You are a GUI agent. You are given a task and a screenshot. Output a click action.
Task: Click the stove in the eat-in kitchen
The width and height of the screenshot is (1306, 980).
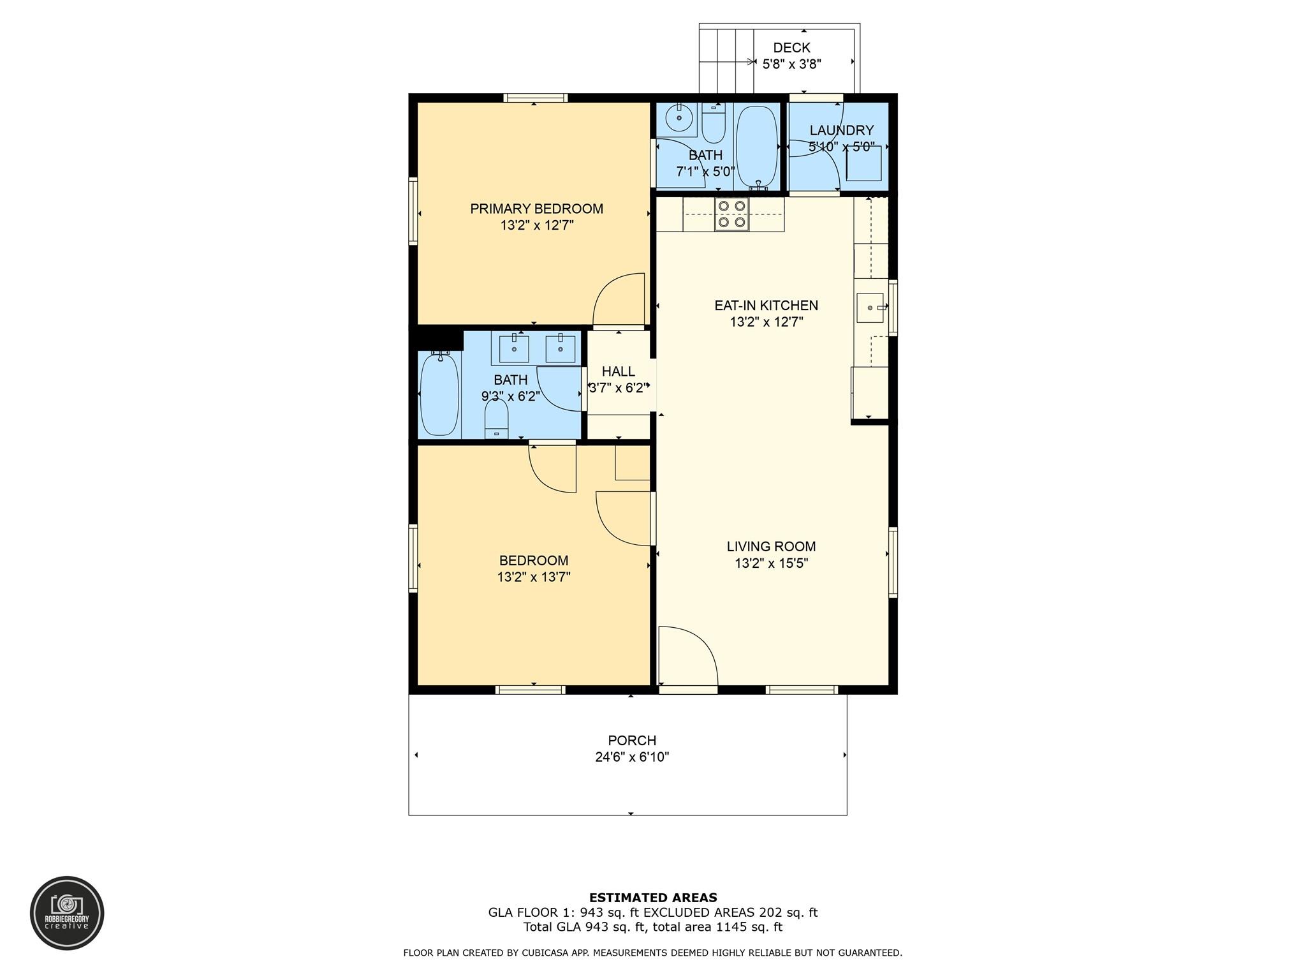pyautogui.click(x=731, y=214)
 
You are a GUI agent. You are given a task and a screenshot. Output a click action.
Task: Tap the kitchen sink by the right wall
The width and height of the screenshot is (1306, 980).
pyautogui.click(x=870, y=308)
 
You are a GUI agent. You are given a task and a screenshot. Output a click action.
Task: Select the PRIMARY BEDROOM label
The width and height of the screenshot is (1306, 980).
pyautogui.click(x=536, y=209)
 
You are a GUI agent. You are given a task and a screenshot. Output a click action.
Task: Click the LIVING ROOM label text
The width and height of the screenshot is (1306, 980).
pyautogui.click(x=771, y=546)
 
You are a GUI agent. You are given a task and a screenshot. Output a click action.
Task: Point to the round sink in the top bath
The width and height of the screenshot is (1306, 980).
pyautogui.click(x=679, y=118)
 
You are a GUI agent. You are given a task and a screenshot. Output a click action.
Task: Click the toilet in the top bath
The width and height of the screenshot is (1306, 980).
pyautogui.click(x=714, y=123)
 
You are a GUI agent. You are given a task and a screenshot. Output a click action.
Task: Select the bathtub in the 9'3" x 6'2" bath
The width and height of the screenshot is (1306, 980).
pyautogui.click(x=439, y=394)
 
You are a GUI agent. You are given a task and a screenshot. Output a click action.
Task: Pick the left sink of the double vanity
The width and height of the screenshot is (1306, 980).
pyautogui.click(x=513, y=349)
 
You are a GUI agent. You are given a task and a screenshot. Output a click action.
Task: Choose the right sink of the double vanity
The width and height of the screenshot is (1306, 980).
pyautogui.click(x=561, y=349)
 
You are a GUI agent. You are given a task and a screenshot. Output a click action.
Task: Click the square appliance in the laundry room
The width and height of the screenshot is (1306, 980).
pyautogui.click(x=864, y=163)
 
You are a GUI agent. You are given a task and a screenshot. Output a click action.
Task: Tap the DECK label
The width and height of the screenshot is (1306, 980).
pyautogui.click(x=791, y=47)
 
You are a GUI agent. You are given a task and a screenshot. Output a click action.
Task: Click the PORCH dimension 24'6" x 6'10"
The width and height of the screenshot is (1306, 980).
pyautogui.click(x=632, y=757)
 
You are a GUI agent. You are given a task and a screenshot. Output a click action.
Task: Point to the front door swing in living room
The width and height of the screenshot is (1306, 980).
pyautogui.click(x=689, y=656)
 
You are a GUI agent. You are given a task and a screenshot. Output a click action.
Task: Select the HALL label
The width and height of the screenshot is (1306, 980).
pyautogui.click(x=619, y=371)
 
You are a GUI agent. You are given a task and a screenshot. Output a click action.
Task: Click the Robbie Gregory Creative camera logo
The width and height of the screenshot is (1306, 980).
pyautogui.click(x=67, y=913)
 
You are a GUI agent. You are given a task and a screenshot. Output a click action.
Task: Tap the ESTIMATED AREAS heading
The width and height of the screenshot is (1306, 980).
pyautogui.click(x=653, y=898)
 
